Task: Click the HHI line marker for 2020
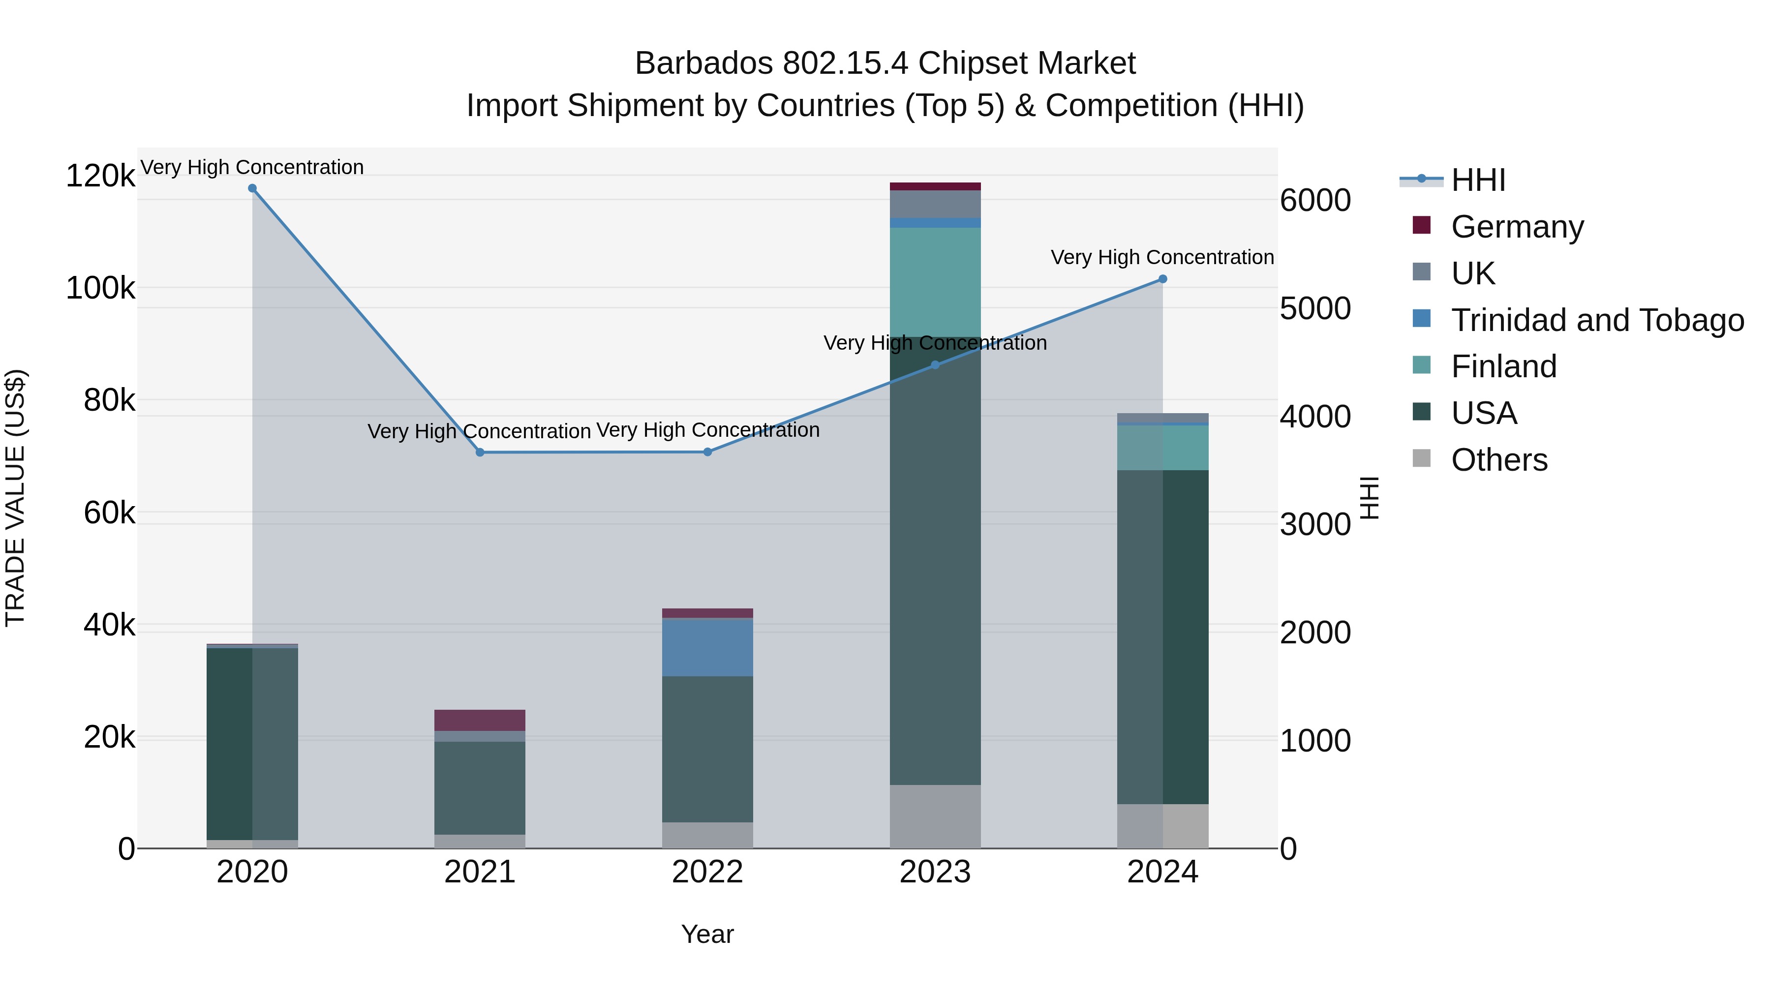pyautogui.click(x=252, y=188)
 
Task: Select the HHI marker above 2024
pyautogui.click(x=1162, y=279)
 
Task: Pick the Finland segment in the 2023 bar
pyautogui.click(x=935, y=282)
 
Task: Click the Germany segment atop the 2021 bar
pyautogui.click(x=479, y=720)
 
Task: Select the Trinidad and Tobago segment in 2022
pyautogui.click(x=707, y=647)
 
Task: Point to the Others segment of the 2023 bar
pyautogui.click(x=935, y=816)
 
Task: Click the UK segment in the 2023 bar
pyautogui.click(x=935, y=204)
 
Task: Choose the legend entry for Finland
pyautogui.click(x=1503, y=366)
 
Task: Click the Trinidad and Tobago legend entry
pyautogui.click(x=1596, y=320)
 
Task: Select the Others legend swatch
pyautogui.click(x=1421, y=458)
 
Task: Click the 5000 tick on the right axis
pyautogui.click(x=1314, y=308)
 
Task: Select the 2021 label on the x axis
pyautogui.click(x=479, y=872)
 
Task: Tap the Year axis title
pyautogui.click(x=707, y=934)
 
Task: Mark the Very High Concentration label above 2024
pyautogui.click(x=1162, y=257)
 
